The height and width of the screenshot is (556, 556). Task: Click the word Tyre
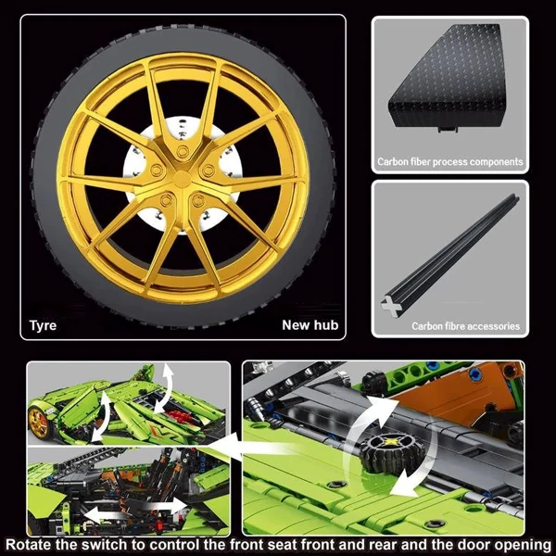(x=43, y=325)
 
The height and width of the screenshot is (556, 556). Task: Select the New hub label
(x=310, y=325)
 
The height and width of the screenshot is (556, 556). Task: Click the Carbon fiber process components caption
(x=449, y=162)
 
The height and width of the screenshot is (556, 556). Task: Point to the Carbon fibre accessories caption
(x=465, y=326)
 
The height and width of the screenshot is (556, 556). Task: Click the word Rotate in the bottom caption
(x=36, y=544)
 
